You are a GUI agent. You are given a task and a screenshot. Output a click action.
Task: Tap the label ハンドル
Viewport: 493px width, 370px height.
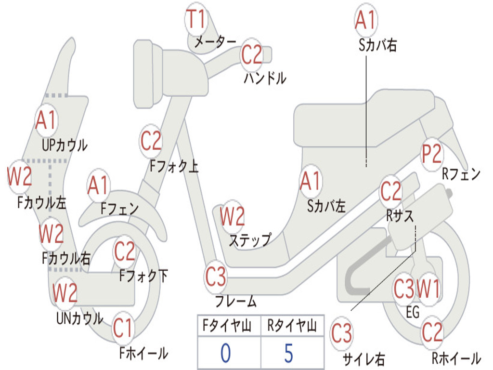click(265, 78)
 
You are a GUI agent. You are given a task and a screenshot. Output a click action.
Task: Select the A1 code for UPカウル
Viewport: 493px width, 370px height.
click(46, 120)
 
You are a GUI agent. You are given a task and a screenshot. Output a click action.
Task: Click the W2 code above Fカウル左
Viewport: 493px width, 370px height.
click(20, 176)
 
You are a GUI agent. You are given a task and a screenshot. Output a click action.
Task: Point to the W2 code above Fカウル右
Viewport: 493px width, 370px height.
click(51, 234)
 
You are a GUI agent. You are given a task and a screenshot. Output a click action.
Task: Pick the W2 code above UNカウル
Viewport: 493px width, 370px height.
click(65, 292)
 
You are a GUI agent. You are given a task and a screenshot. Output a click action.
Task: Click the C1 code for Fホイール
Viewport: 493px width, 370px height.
click(122, 330)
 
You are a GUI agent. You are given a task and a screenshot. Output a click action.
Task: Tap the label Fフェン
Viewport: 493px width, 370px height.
click(120, 209)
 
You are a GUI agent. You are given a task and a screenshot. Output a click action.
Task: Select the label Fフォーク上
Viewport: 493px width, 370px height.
click(174, 166)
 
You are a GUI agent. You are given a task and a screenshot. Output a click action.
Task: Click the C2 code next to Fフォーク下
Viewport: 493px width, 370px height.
click(125, 251)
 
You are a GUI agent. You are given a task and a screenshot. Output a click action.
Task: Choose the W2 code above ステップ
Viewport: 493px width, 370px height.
click(232, 217)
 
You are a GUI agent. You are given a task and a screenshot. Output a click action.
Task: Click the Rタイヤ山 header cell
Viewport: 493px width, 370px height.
click(292, 327)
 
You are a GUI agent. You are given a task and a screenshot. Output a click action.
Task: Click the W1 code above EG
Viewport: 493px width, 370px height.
click(428, 290)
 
